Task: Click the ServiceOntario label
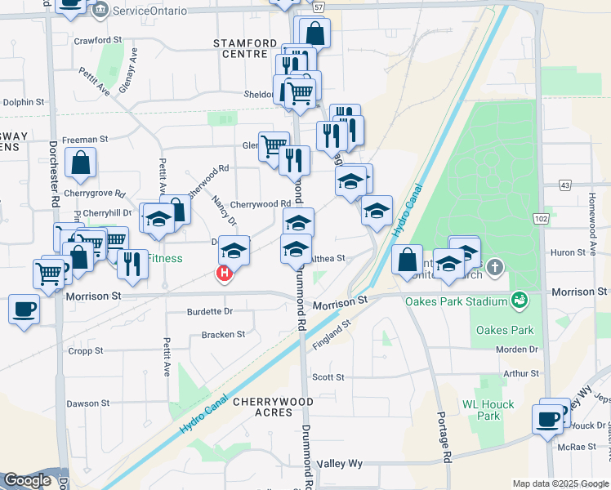tap(149, 11)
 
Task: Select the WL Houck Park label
tap(488, 410)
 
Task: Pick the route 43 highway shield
tap(564, 186)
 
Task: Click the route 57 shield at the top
tap(319, 6)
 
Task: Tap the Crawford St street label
tap(97, 39)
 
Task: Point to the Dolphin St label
tap(23, 102)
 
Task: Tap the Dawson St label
tap(87, 403)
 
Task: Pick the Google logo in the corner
tap(27, 480)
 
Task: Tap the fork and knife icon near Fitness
tap(131, 263)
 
